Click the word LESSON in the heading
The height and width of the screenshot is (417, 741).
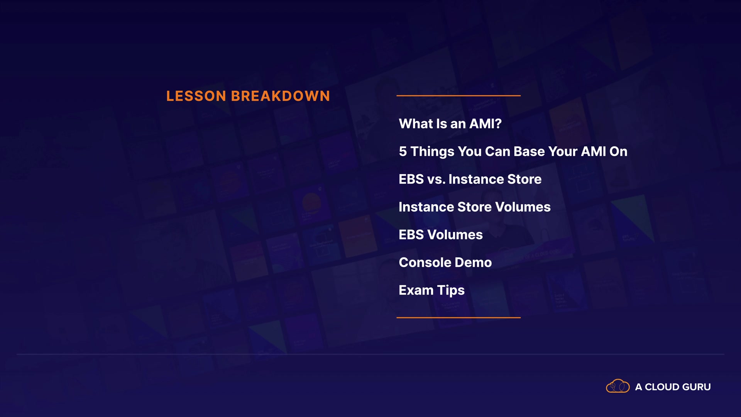tap(196, 96)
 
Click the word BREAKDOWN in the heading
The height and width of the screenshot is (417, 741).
tap(281, 96)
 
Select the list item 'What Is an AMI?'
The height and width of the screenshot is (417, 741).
tap(450, 124)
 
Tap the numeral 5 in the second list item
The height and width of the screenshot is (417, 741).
tap(403, 151)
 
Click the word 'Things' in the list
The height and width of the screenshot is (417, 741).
tap(432, 152)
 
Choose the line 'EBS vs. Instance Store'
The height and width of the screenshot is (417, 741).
tap(470, 179)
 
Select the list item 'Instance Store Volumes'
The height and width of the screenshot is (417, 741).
tap(475, 207)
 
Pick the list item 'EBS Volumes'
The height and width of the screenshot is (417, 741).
tap(441, 235)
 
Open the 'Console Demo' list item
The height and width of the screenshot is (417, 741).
tap(445, 263)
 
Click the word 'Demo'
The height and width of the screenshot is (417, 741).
tap(473, 263)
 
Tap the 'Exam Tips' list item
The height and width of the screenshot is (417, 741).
tap(431, 290)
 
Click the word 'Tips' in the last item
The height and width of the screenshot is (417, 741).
tap(451, 291)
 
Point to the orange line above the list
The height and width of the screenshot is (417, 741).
tap(458, 95)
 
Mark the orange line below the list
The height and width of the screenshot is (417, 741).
tap(458, 317)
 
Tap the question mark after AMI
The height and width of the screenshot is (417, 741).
tap(498, 124)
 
